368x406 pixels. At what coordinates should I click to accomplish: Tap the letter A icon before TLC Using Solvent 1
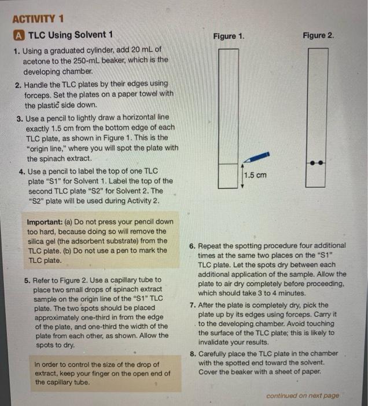coord(18,35)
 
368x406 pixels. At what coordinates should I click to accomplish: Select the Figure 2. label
coord(318,35)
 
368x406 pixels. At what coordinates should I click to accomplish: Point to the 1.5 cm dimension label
coord(255,175)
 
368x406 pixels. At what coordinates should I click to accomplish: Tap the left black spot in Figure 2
coord(311,163)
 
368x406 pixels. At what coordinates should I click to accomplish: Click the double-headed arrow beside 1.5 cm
coord(242,176)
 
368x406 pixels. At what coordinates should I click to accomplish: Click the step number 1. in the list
coord(17,50)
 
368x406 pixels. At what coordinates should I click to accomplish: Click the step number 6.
coord(193,245)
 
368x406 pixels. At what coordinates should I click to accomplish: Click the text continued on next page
coord(303,395)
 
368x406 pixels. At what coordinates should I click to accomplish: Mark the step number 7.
coord(193,304)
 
